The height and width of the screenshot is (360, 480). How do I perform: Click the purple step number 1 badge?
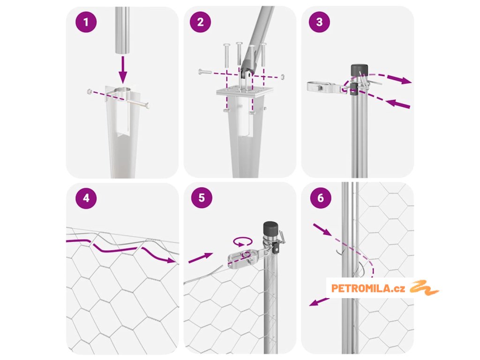click(86, 22)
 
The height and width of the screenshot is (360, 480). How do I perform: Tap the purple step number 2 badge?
click(200, 22)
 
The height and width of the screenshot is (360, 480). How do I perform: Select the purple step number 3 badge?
click(319, 22)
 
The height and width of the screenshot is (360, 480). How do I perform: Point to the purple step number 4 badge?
click(86, 198)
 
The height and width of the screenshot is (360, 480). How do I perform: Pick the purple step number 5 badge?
click(202, 198)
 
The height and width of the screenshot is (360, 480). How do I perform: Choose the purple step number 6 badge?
click(321, 198)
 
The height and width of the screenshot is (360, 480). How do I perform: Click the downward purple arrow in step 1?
click(123, 69)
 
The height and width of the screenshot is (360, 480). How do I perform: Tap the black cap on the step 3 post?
click(359, 70)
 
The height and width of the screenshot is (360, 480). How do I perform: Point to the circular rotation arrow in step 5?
click(243, 241)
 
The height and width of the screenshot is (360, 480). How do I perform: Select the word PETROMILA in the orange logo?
click(361, 288)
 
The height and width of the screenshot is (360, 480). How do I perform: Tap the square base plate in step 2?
click(245, 92)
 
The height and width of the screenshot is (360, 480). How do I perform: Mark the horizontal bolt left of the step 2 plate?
click(204, 72)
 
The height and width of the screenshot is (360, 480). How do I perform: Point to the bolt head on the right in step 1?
click(148, 106)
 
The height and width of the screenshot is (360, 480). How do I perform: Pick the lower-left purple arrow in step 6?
click(319, 302)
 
